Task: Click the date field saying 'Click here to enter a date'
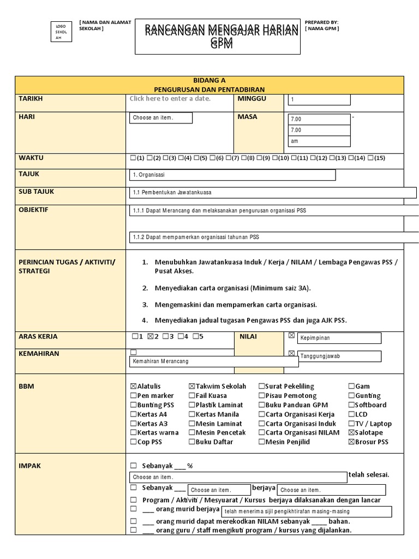170,99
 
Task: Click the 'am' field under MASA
319,141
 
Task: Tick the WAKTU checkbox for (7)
229,158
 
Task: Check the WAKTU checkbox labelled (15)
371,158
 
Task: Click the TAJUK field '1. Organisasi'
232,175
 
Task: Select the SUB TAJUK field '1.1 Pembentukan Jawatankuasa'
273,193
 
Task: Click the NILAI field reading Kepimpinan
339,338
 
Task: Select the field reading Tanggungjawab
339,356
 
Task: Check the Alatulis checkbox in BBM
134,386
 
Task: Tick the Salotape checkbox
351,433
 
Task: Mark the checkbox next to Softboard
351,405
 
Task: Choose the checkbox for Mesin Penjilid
262,442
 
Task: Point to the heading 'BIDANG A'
209,80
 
